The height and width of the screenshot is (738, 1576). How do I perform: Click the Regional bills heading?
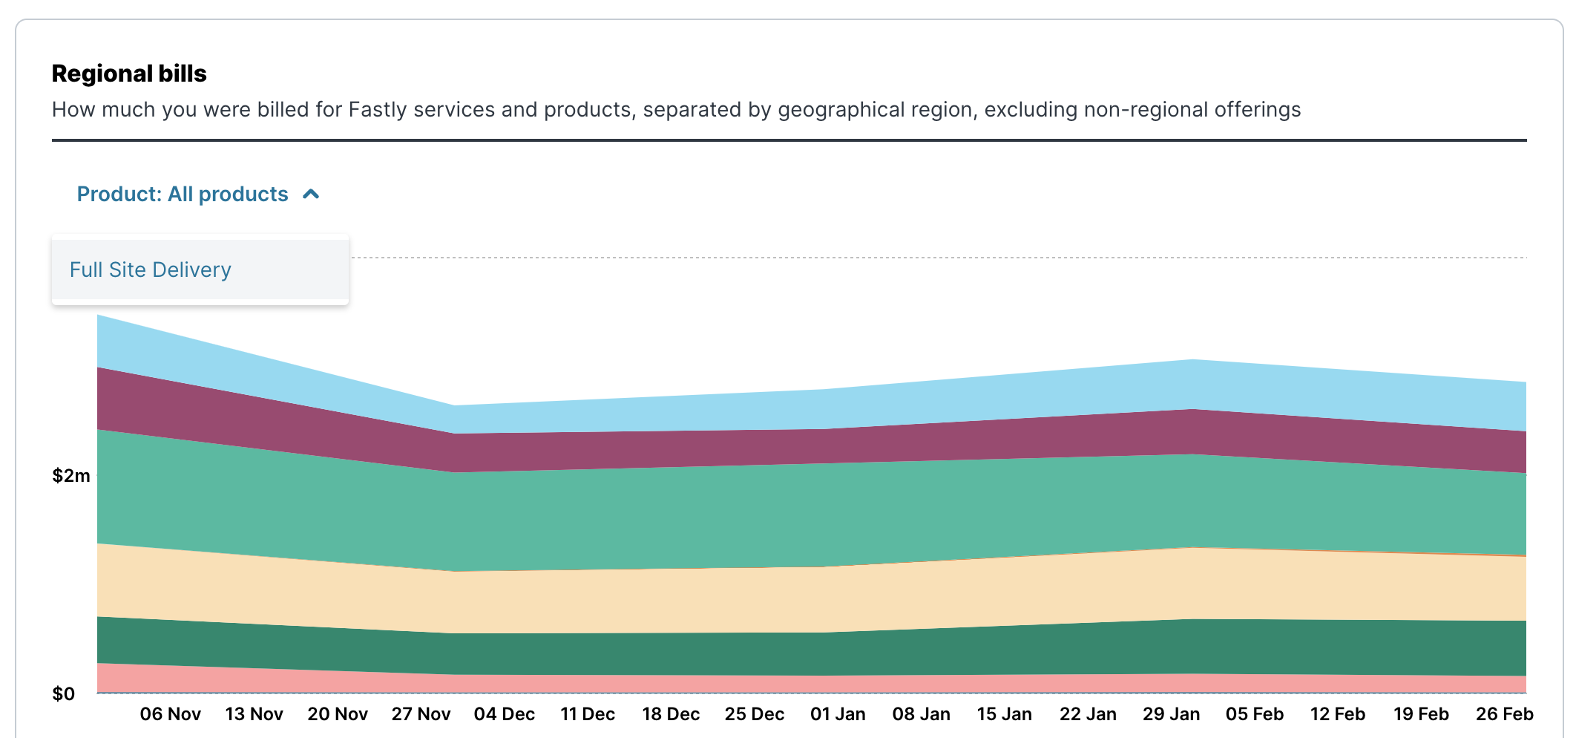129,74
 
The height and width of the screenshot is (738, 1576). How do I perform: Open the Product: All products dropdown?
183,194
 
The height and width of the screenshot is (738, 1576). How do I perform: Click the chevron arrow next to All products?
312,194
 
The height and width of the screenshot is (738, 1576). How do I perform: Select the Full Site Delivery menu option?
151,270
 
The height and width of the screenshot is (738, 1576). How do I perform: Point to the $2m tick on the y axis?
70,476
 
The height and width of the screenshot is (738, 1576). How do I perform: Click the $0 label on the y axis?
64,694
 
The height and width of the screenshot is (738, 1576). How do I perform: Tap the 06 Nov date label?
170,714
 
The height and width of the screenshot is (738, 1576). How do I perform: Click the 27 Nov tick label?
421,714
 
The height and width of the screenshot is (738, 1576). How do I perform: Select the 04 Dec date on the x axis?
505,714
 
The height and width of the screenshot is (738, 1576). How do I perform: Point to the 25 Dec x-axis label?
754,714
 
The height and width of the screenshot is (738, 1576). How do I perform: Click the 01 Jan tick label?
838,714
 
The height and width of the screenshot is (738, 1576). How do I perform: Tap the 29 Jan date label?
1171,714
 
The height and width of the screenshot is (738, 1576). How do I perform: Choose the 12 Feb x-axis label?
1337,714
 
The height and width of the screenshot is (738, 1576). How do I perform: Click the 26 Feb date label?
1504,714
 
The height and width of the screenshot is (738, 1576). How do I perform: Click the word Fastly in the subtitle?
378,110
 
